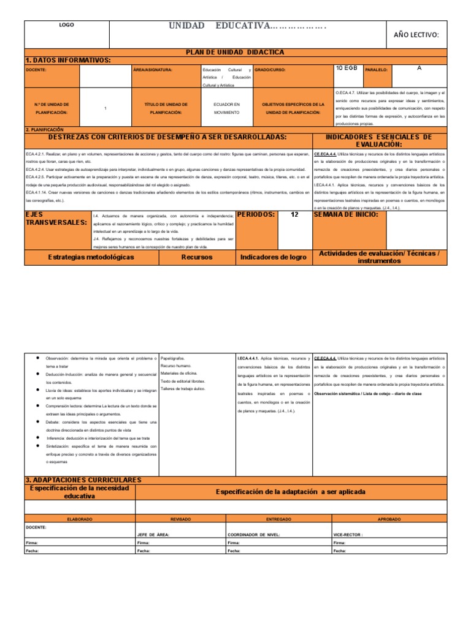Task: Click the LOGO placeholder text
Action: click(66, 26)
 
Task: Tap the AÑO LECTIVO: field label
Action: click(416, 35)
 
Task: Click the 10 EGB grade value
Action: click(347, 69)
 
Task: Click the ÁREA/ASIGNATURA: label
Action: click(153, 70)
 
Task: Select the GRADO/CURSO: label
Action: click(270, 70)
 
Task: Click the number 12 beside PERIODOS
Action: click(294, 215)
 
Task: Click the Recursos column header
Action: click(197, 257)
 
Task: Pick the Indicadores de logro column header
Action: click(274, 257)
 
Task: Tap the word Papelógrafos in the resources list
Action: click(172, 358)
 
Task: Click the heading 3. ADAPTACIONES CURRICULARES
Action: click(83, 479)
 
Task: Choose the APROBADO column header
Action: click(389, 519)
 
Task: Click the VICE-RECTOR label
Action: click(348, 534)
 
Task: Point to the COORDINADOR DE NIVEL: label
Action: click(253, 534)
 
